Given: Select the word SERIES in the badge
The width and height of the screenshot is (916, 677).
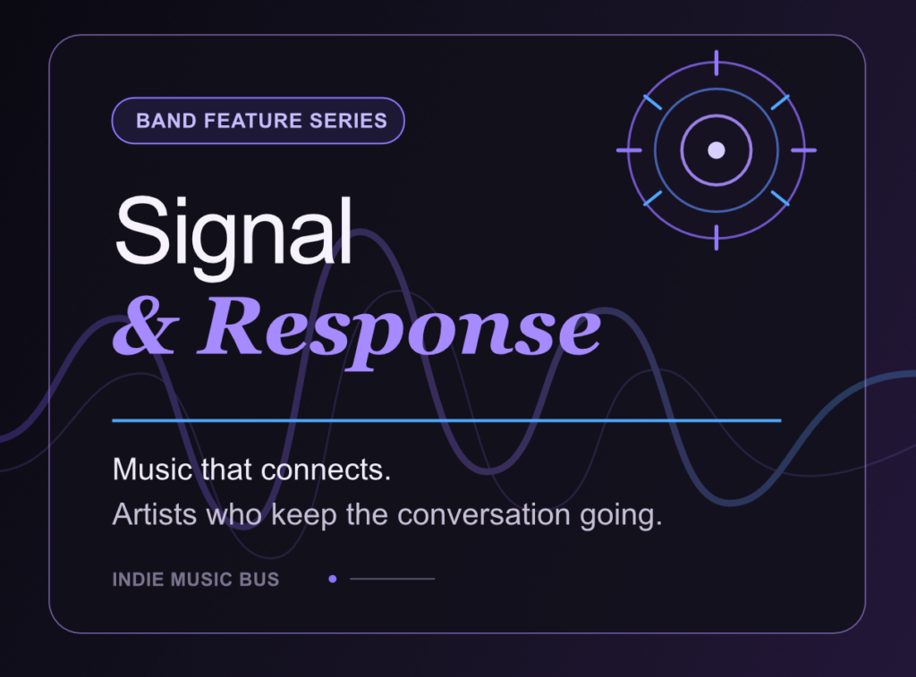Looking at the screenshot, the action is coord(348,121).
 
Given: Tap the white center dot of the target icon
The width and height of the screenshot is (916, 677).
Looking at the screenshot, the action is coord(717,150).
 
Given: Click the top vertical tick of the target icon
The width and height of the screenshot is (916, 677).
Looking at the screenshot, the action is coord(717,63).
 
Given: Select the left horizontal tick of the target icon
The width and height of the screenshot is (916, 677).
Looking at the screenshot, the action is coord(629,150).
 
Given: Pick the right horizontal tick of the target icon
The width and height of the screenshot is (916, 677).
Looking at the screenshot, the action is coord(804,150).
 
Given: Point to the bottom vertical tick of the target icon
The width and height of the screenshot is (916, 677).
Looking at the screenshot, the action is coord(717,238).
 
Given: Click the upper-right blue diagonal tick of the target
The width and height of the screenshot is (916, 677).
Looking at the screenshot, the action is coord(780,102).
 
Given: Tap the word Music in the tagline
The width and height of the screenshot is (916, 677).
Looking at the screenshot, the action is coord(152,469).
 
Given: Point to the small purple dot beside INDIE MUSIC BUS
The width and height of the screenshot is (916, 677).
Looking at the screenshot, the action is coord(333,579).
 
